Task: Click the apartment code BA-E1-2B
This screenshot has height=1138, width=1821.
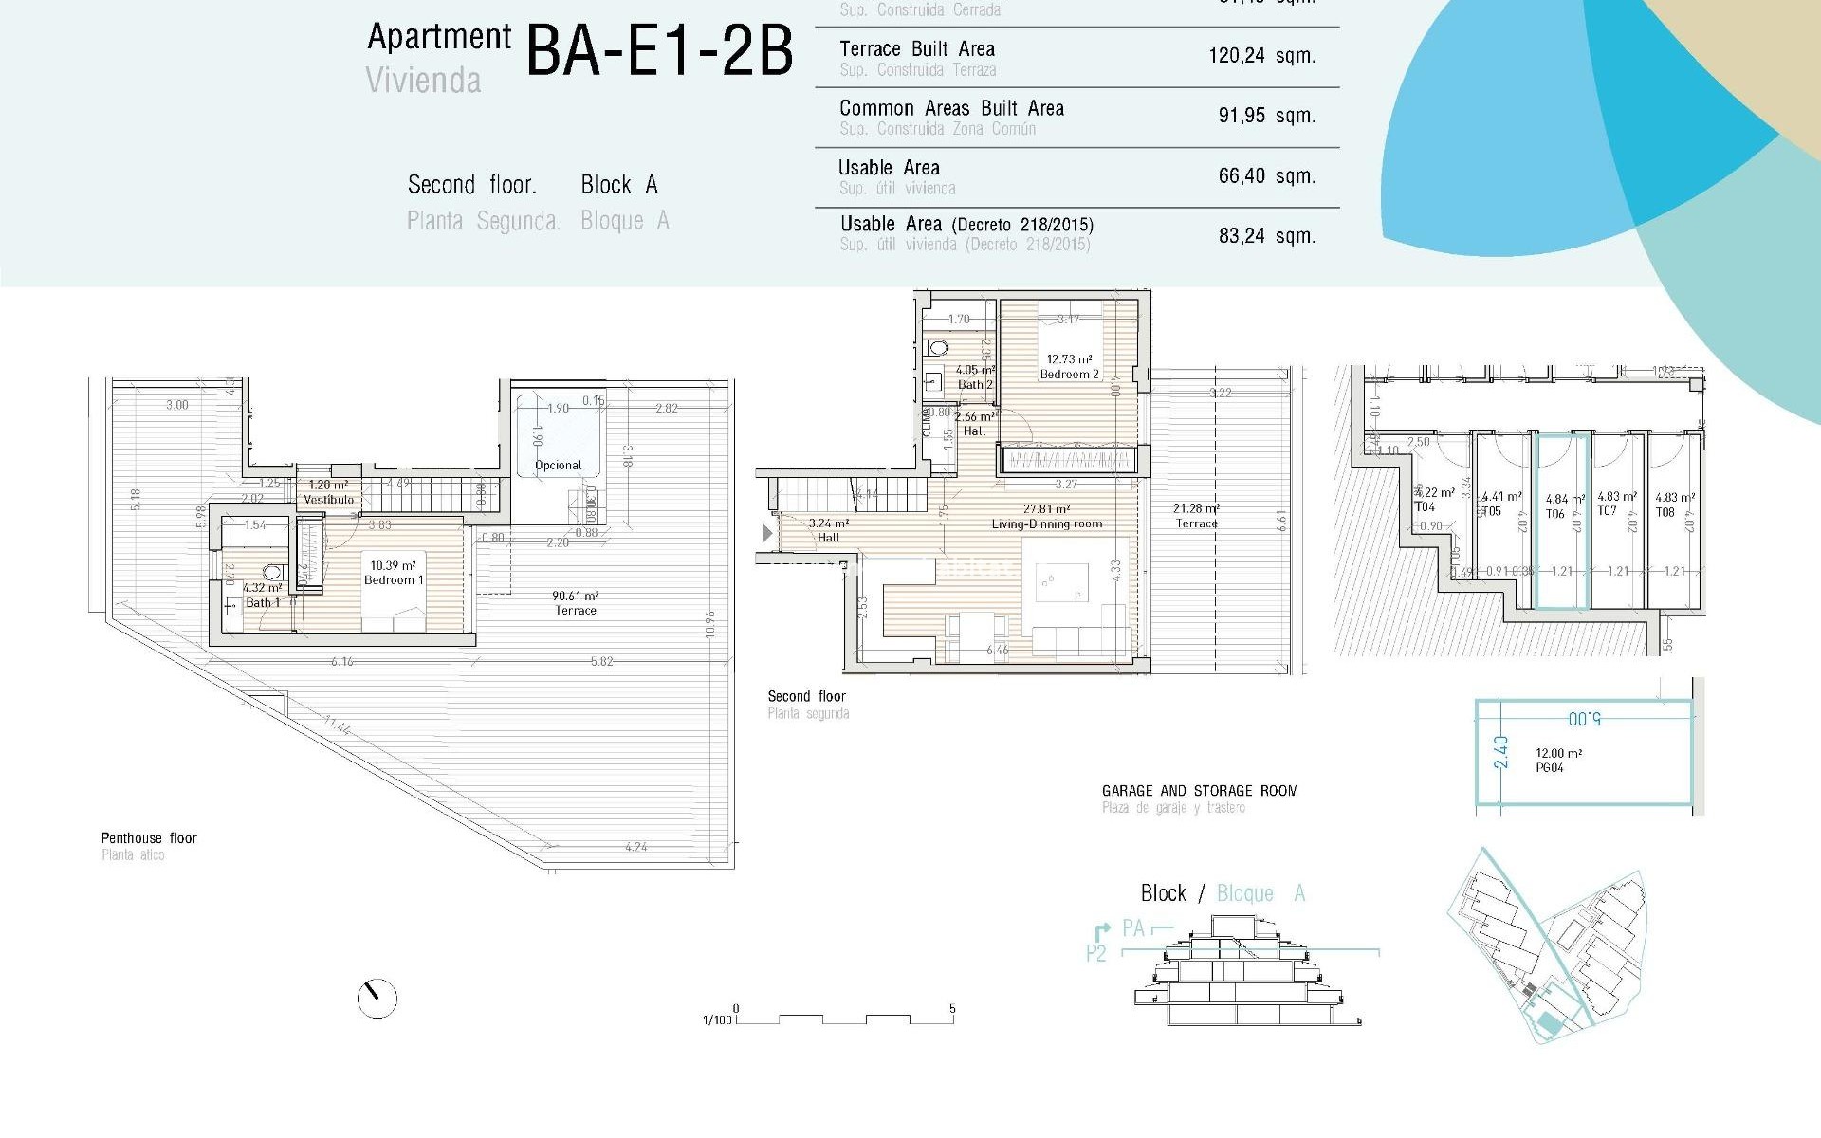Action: coord(658,51)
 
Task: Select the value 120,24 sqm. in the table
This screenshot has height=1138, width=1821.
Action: coord(1261,56)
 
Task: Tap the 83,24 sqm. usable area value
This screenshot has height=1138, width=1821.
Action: coord(1266,235)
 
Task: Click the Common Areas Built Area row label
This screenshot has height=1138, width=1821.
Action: coord(951,109)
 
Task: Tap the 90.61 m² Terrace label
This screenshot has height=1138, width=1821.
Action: coord(576,603)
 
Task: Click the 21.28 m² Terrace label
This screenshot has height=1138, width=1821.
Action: coord(1196,516)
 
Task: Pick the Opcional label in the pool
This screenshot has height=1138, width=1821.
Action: coord(559,466)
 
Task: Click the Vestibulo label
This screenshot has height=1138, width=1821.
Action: coord(328,499)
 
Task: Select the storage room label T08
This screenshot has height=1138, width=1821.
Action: coord(1666,512)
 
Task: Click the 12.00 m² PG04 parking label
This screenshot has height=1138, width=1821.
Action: coord(1558,761)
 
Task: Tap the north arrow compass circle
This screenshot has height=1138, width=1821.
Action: coord(377,999)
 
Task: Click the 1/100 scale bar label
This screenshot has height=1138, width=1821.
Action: coord(717,1020)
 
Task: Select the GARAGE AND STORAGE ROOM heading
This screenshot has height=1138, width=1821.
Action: coord(1199,791)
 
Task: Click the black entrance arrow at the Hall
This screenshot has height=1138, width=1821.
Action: coord(767,534)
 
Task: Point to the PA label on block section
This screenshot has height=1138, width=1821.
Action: coord(1132,928)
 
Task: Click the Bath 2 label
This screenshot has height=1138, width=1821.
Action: coord(975,384)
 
